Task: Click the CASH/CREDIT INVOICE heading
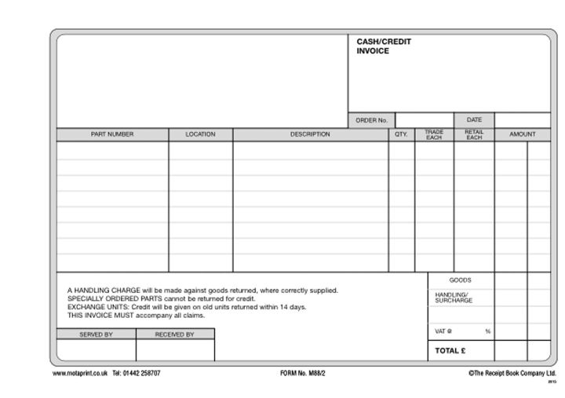point(384,46)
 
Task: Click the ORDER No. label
point(371,120)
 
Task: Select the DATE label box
point(474,120)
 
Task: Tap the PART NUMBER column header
point(112,134)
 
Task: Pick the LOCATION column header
point(200,134)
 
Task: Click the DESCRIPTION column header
point(310,134)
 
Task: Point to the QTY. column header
point(401,134)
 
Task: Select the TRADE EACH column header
point(434,134)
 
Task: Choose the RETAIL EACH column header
point(474,134)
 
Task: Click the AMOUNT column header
point(522,134)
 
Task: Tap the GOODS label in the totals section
point(460,280)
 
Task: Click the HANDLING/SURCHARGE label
point(454,298)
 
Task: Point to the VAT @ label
point(444,331)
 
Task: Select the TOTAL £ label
point(452,351)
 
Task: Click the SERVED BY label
point(96,334)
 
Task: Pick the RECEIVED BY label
point(174,334)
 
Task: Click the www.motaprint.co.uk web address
point(79,373)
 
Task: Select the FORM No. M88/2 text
point(302,373)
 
